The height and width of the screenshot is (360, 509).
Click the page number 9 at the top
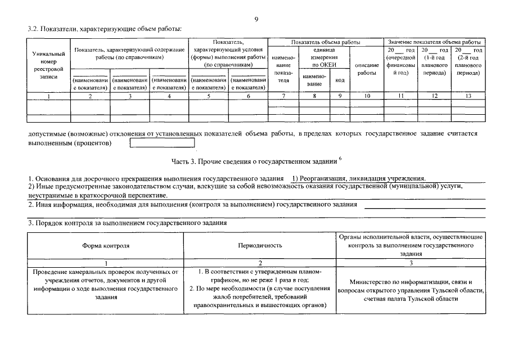(x=256, y=19)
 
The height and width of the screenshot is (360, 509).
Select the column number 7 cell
(x=283, y=96)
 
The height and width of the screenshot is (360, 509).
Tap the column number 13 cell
(x=467, y=96)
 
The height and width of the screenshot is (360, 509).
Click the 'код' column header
(x=340, y=80)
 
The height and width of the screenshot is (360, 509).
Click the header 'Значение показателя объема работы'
(x=434, y=43)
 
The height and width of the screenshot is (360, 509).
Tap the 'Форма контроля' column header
(x=106, y=246)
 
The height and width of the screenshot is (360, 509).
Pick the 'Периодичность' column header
(x=260, y=246)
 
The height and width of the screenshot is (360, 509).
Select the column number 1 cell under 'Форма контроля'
(x=106, y=263)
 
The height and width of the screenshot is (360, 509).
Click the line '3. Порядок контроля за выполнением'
(x=128, y=223)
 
